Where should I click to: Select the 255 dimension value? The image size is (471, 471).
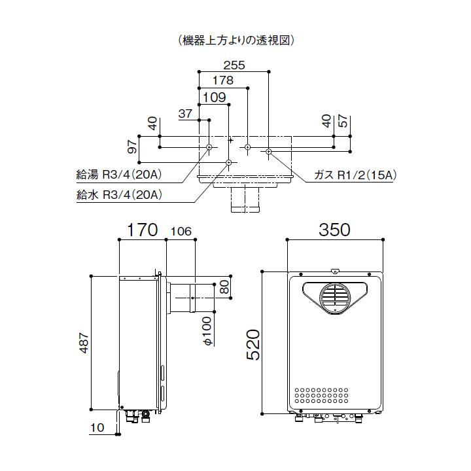234,65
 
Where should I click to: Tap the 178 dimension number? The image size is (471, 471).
223,80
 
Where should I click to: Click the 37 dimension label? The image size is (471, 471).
185,113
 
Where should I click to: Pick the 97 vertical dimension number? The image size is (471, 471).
133,147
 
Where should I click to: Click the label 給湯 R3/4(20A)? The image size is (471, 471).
119,175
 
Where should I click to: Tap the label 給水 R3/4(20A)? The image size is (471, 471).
119,194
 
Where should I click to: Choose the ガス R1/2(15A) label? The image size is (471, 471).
356,175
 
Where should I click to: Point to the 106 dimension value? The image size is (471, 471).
181,231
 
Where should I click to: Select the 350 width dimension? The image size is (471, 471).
334,230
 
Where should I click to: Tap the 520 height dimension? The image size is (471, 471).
253,345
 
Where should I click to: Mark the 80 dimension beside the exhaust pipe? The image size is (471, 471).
224,287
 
